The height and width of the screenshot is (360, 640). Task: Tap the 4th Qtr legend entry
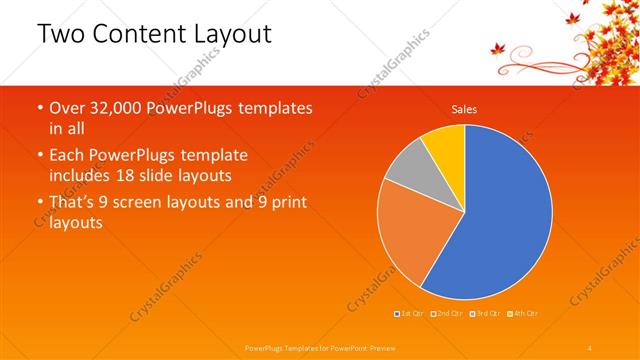(526, 314)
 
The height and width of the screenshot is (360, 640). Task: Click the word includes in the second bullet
(81, 177)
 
